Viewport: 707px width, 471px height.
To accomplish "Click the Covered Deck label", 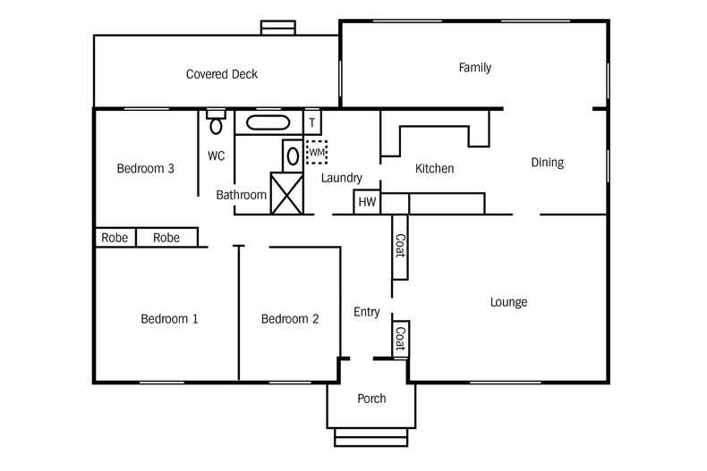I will point(221,74).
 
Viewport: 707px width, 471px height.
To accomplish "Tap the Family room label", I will point(474,68).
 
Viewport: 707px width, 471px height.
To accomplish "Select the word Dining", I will point(547,163).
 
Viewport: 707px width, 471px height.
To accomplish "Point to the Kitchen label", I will point(434,169).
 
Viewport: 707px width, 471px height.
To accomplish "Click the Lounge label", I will point(508,302).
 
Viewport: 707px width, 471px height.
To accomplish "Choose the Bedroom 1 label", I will point(169,319).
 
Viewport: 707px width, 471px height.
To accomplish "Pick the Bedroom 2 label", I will point(290,319).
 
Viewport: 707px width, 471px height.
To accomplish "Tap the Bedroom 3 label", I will point(145,169).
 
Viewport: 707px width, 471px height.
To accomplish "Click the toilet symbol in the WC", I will point(216,123).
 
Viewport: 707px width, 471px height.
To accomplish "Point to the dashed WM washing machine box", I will point(317,153).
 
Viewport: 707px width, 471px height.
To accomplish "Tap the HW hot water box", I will point(367,203).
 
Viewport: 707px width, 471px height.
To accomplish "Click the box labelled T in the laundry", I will point(312,122).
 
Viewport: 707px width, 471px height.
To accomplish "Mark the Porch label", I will point(371,399).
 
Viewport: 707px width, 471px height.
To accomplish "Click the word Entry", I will point(367,312).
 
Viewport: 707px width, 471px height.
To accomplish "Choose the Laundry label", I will point(341,178).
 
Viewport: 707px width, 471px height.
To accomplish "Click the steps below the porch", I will point(371,437).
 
